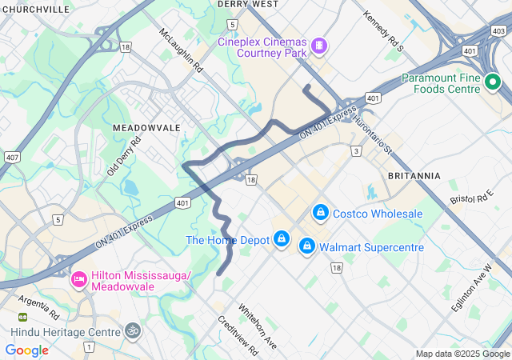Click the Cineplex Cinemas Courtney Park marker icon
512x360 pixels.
(319, 46)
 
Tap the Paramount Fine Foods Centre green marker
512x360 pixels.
(493, 82)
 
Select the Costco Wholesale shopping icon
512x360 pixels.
(320, 213)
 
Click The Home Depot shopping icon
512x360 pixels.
(282, 239)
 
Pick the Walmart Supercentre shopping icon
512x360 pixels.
(306, 247)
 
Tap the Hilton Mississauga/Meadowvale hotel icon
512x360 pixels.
(78, 280)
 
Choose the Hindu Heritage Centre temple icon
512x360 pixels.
(132, 330)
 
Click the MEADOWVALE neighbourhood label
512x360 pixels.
(146, 128)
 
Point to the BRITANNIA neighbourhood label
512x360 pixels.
(414, 175)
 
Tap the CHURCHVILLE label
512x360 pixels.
(35, 10)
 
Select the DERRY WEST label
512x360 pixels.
(248, 4)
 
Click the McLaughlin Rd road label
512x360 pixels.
(182, 52)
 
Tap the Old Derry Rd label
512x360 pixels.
(123, 156)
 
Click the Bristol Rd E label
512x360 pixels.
(470, 198)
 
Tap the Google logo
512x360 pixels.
(27, 350)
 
